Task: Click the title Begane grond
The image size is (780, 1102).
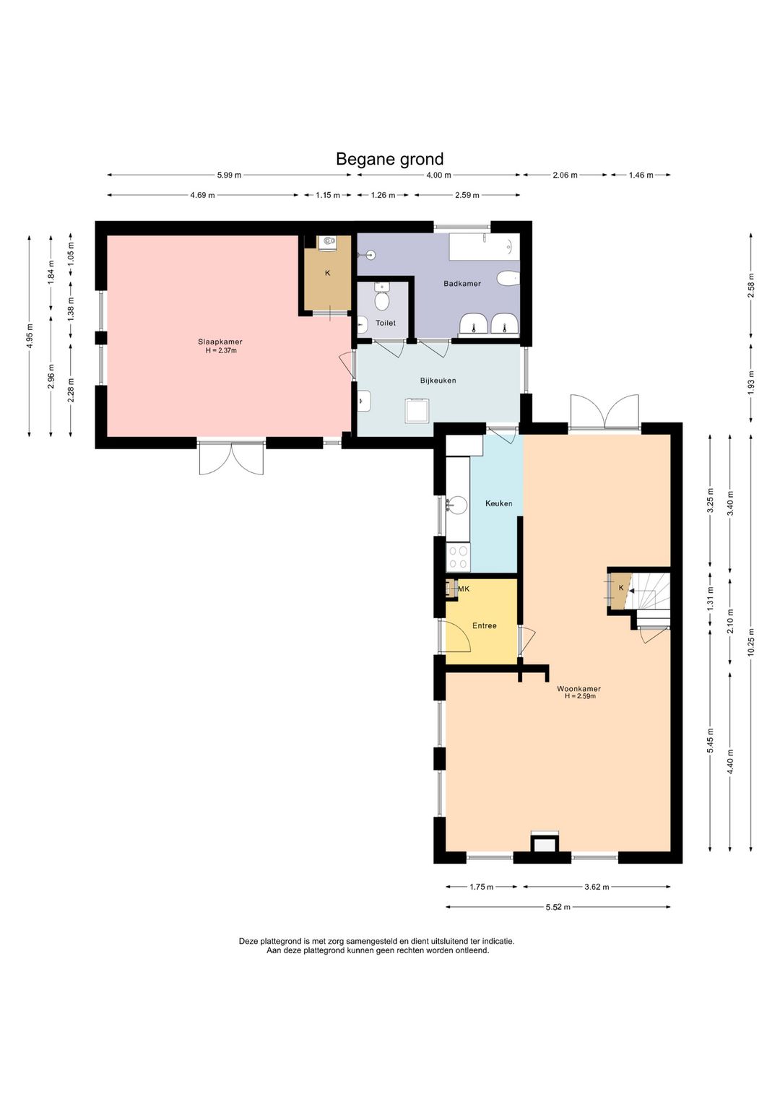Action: point(390,159)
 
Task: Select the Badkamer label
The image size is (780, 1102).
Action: point(462,283)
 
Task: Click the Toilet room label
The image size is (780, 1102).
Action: point(386,323)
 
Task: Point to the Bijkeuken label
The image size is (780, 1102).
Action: point(438,381)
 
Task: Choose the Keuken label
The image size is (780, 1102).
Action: point(498,503)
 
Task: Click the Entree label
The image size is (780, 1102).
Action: point(484,626)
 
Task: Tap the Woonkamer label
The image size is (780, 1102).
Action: point(578,689)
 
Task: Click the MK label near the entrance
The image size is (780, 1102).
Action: point(464,589)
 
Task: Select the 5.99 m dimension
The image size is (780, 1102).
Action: point(230,175)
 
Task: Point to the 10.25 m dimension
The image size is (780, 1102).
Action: point(750,643)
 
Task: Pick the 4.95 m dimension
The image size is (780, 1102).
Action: point(30,337)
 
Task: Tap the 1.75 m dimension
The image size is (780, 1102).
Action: point(481,887)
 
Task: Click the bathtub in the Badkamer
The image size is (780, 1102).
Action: point(484,246)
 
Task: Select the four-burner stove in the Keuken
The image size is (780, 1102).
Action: point(458,557)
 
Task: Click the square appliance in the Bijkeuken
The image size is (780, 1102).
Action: point(418,411)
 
